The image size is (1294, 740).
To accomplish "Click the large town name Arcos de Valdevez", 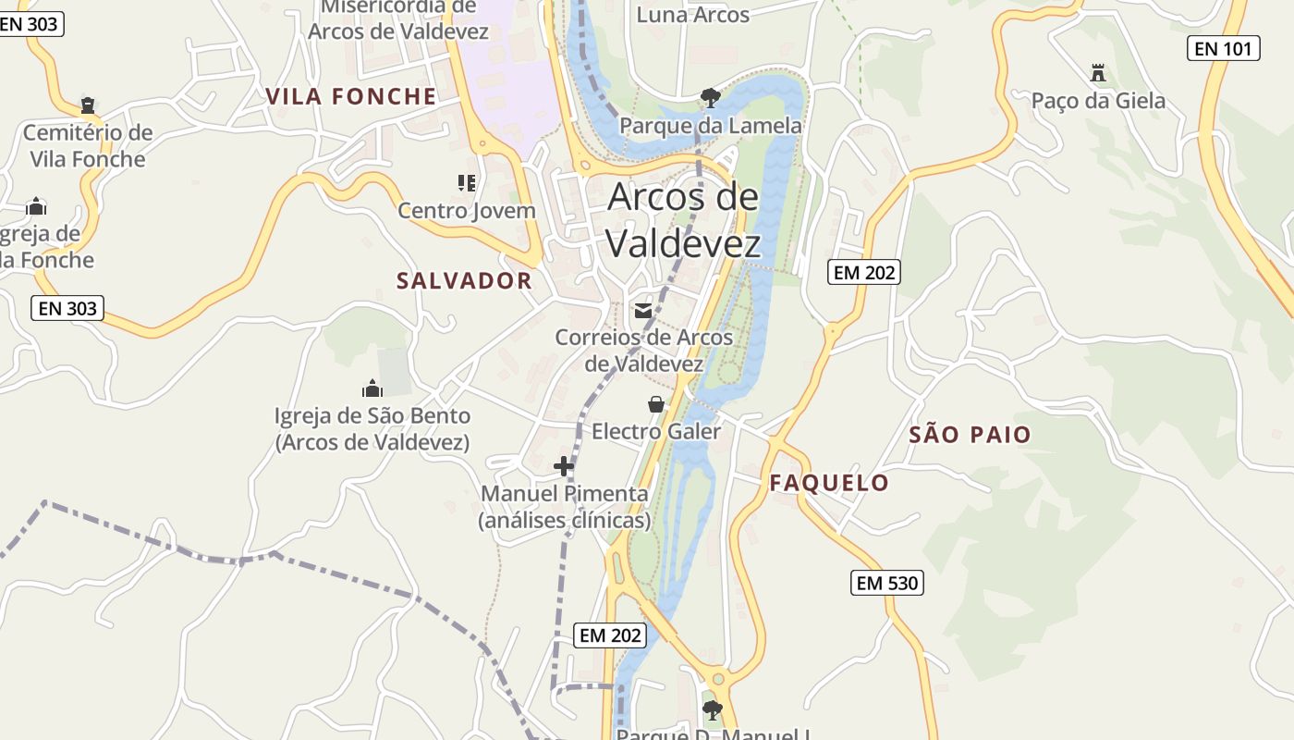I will [683, 220].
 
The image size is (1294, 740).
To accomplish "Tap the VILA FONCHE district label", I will [351, 96].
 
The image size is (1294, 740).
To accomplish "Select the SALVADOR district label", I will [464, 281].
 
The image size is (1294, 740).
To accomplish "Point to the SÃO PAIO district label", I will [970, 435].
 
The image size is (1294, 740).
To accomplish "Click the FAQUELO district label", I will [829, 483].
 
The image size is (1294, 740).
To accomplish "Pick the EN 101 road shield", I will [1223, 48].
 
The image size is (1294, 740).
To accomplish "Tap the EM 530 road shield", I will [886, 583].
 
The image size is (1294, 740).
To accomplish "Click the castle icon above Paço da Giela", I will [1098, 72].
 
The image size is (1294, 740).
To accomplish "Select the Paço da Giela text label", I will [1098, 101].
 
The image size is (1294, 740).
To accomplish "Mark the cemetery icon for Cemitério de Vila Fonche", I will [88, 105].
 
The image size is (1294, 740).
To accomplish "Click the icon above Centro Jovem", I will [467, 183].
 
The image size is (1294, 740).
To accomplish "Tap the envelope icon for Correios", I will [643, 311].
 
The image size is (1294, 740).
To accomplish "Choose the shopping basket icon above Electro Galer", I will [655, 404].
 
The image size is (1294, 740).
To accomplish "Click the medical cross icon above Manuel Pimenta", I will [563, 466].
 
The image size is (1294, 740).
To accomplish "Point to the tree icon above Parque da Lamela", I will [710, 97].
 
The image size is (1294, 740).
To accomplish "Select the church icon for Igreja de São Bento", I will [372, 388].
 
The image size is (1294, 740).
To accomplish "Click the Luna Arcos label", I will [693, 15].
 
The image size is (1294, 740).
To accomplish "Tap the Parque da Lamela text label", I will [710, 126].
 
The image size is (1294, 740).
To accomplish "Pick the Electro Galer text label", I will [655, 431].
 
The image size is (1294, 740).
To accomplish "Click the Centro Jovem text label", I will [467, 211].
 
